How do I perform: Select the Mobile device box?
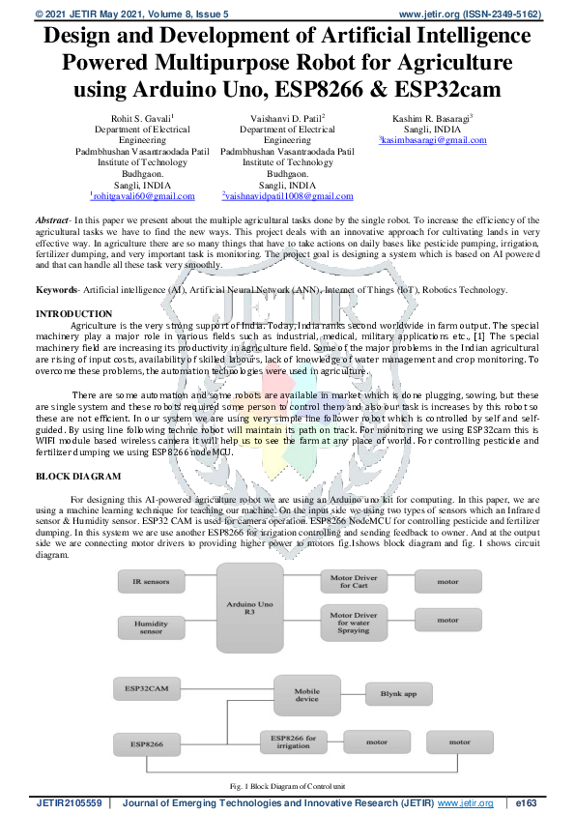(x=306, y=694)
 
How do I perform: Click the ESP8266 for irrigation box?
(x=295, y=742)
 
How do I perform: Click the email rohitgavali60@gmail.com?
(x=141, y=195)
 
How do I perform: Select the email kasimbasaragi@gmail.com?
(x=432, y=139)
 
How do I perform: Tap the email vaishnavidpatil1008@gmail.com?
(x=286, y=195)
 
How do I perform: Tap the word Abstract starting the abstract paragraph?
(x=51, y=221)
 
